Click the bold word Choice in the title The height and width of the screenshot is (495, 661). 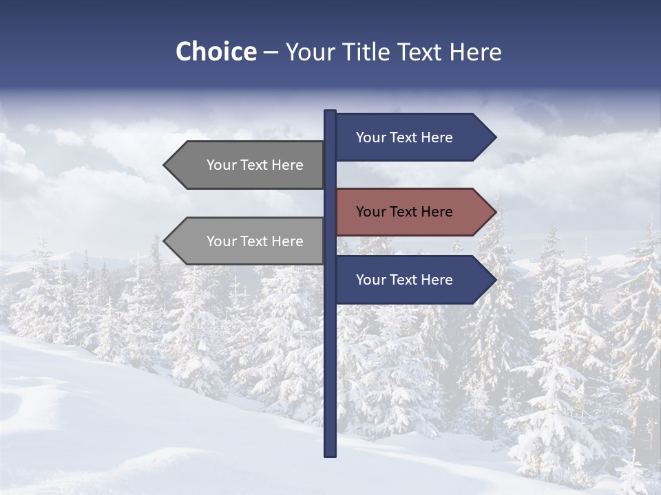tap(216, 52)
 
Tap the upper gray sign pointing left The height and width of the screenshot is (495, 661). tap(248, 165)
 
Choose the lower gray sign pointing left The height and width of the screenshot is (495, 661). tap(248, 241)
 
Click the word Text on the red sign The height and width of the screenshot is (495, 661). tap(404, 212)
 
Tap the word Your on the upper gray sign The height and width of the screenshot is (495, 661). tap(222, 165)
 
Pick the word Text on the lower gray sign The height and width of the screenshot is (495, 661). tap(255, 241)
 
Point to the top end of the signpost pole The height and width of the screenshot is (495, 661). tap(330, 112)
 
